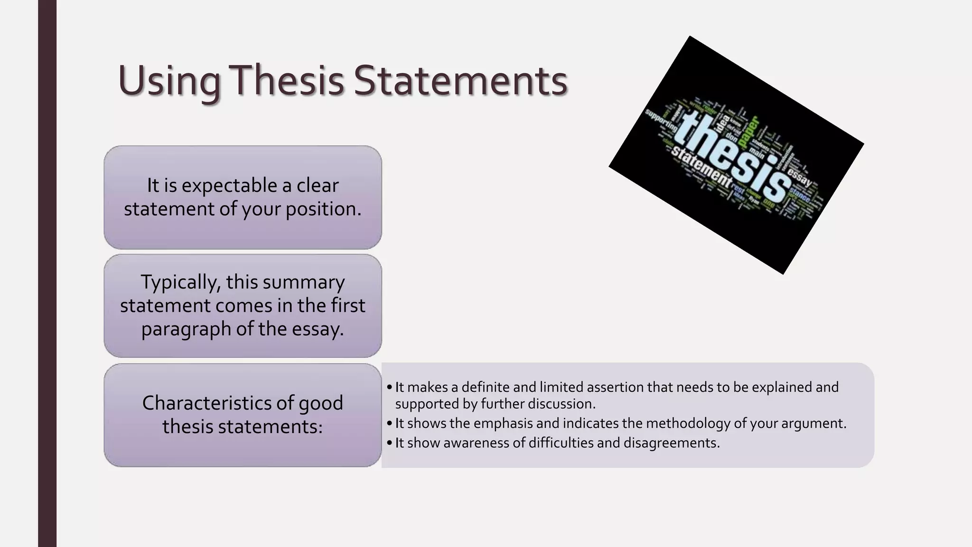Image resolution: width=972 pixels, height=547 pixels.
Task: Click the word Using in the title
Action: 169,81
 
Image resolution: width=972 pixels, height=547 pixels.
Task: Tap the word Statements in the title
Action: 460,80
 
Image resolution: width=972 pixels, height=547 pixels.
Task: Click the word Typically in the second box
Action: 180,282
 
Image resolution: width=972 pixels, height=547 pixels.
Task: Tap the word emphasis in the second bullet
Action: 503,423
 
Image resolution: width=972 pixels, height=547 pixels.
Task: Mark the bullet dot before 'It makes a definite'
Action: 389,387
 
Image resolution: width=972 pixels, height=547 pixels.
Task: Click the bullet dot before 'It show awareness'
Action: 389,443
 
